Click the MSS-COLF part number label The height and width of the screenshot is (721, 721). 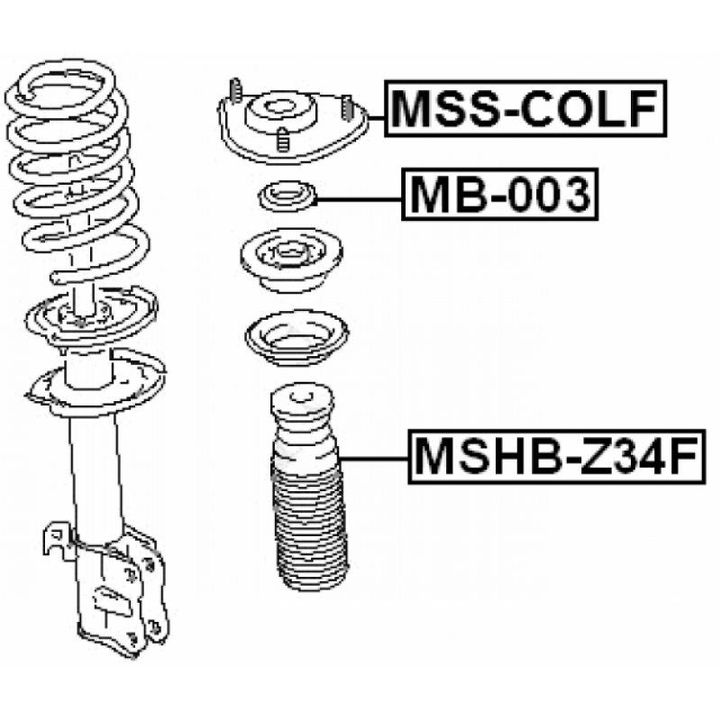525,108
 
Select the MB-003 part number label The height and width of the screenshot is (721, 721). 500,195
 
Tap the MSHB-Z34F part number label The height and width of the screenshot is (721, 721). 557,457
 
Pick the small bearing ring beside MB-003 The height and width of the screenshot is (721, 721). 287,196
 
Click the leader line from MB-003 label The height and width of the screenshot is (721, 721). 359,199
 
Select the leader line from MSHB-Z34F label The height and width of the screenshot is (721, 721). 374,459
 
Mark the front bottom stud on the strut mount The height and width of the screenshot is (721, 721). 283,140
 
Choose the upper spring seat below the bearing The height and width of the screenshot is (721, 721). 291,260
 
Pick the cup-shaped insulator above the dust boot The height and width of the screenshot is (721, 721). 297,338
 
